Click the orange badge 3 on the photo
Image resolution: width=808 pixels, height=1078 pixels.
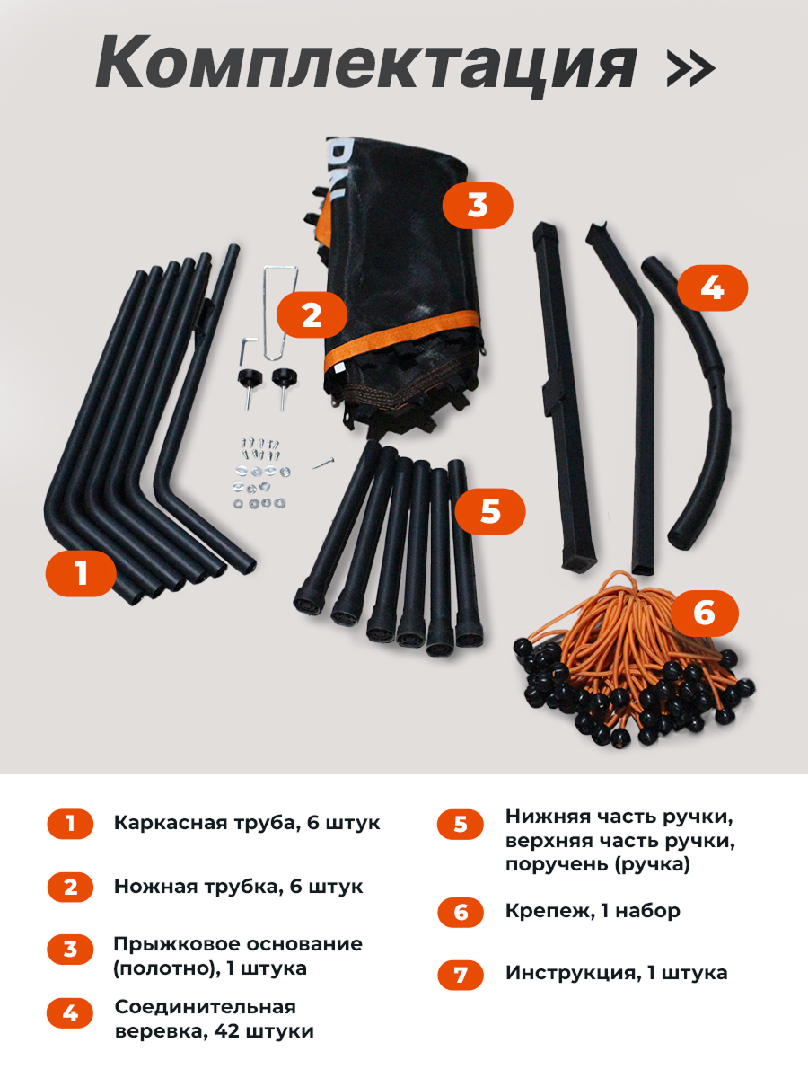click(478, 205)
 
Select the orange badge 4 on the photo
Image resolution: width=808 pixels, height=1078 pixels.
click(711, 287)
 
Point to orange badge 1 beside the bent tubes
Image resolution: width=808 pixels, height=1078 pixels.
click(81, 572)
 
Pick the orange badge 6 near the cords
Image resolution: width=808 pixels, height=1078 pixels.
click(704, 614)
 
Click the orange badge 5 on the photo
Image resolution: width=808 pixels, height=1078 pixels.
click(489, 511)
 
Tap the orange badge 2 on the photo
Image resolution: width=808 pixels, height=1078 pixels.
click(311, 315)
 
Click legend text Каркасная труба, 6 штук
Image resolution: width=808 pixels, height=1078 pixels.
click(247, 823)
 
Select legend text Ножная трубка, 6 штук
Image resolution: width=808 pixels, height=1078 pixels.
click(238, 887)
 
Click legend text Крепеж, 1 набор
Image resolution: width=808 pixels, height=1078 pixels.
click(593, 911)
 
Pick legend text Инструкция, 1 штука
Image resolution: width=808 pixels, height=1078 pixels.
click(616, 973)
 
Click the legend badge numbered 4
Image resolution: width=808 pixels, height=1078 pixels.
click(70, 1014)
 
